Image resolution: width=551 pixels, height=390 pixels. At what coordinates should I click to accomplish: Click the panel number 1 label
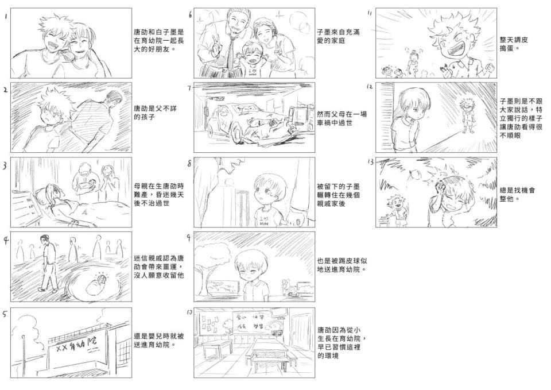[x=5, y=17]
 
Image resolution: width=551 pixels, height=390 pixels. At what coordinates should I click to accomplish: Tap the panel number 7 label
[x=189, y=88]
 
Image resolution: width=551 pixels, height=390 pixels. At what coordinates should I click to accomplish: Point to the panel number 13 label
[x=371, y=163]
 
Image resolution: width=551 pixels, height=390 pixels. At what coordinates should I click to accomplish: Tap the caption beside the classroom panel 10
[x=342, y=343]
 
